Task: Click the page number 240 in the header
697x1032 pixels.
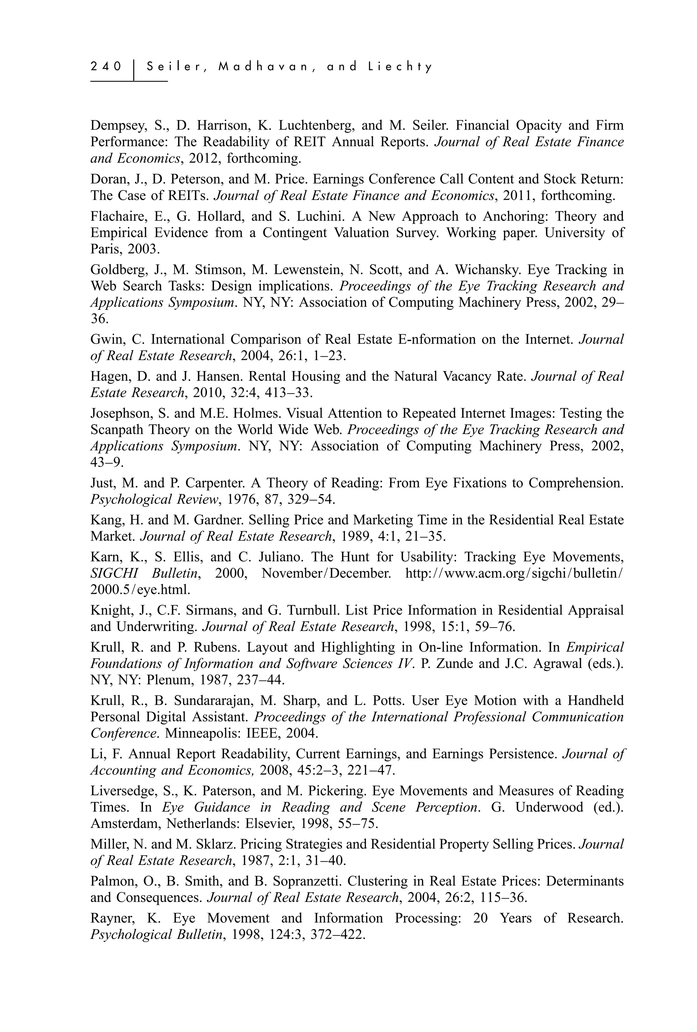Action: [106, 67]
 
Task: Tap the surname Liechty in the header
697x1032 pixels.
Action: [400, 67]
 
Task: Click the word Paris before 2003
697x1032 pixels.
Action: [105, 249]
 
